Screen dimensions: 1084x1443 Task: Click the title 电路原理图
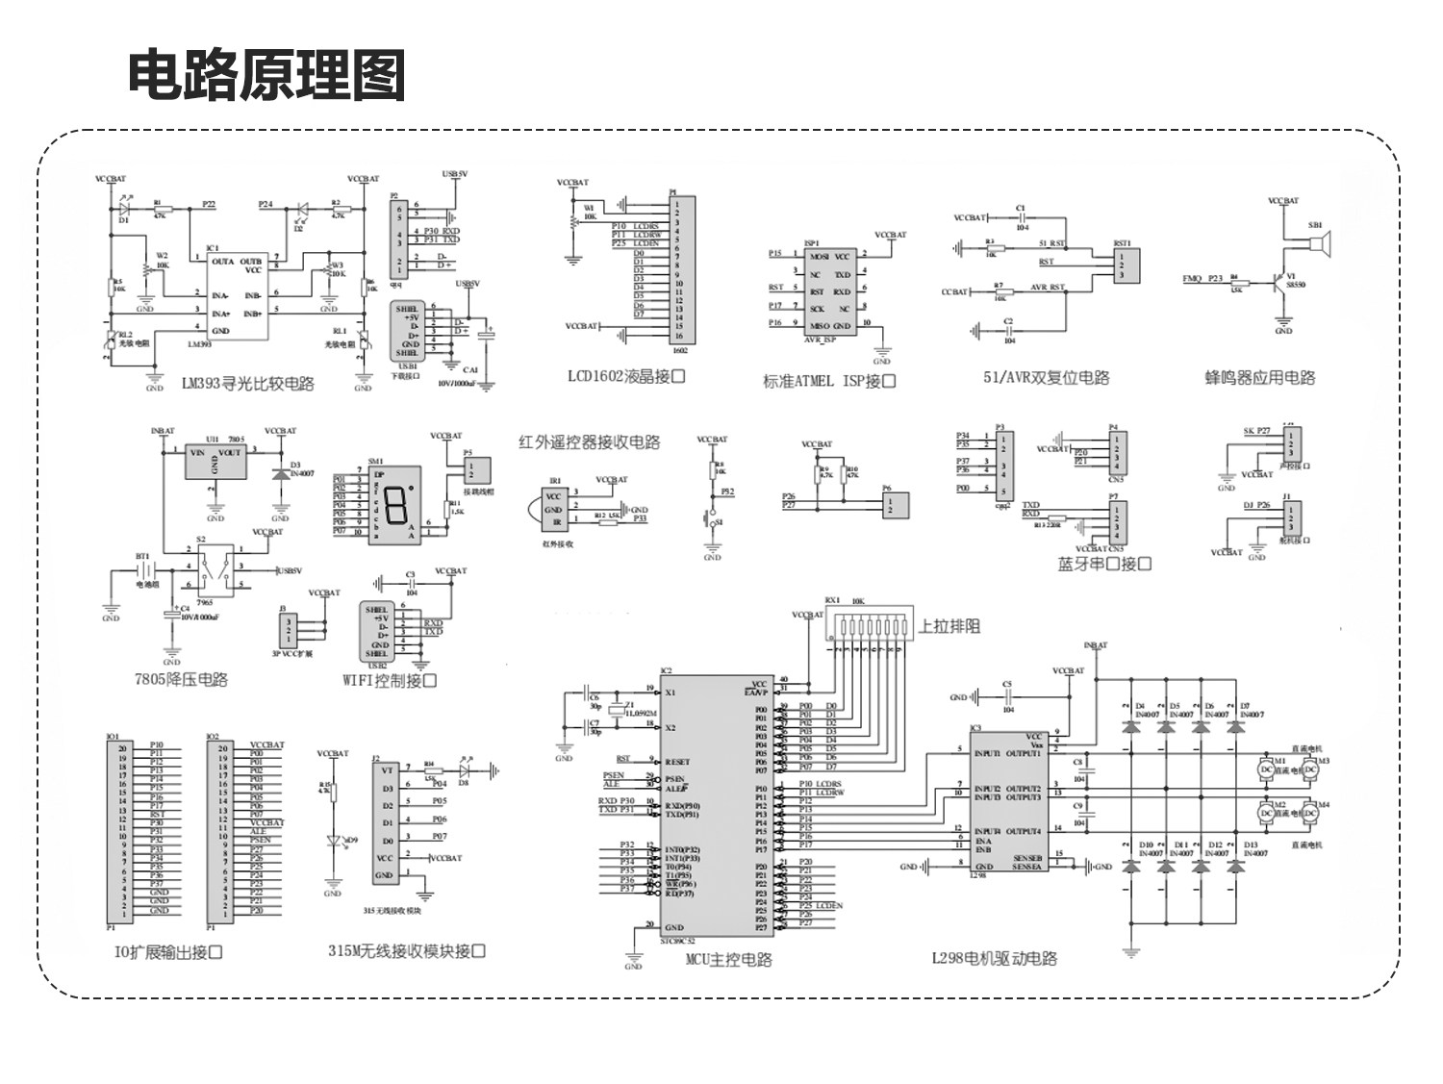pyautogui.click(x=267, y=75)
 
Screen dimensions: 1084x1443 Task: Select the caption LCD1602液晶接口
pyautogui.click(x=626, y=377)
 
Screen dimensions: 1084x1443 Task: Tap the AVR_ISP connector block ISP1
pyautogui.click(x=829, y=291)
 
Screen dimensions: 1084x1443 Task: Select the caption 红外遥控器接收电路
pyautogui.click(x=589, y=442)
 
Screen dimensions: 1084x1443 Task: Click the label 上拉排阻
pyautogui.click(x=949, y=626)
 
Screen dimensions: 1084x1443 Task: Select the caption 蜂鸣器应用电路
pyautogui.click(x=1260, y=378)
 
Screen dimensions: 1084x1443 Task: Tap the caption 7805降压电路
pyautogui.click(x=182, y=679)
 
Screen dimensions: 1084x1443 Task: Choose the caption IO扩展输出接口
pyautogui.click(x=168, y=952)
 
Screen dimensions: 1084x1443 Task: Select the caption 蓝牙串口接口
pyautogui.click(x=1104, y=564)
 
